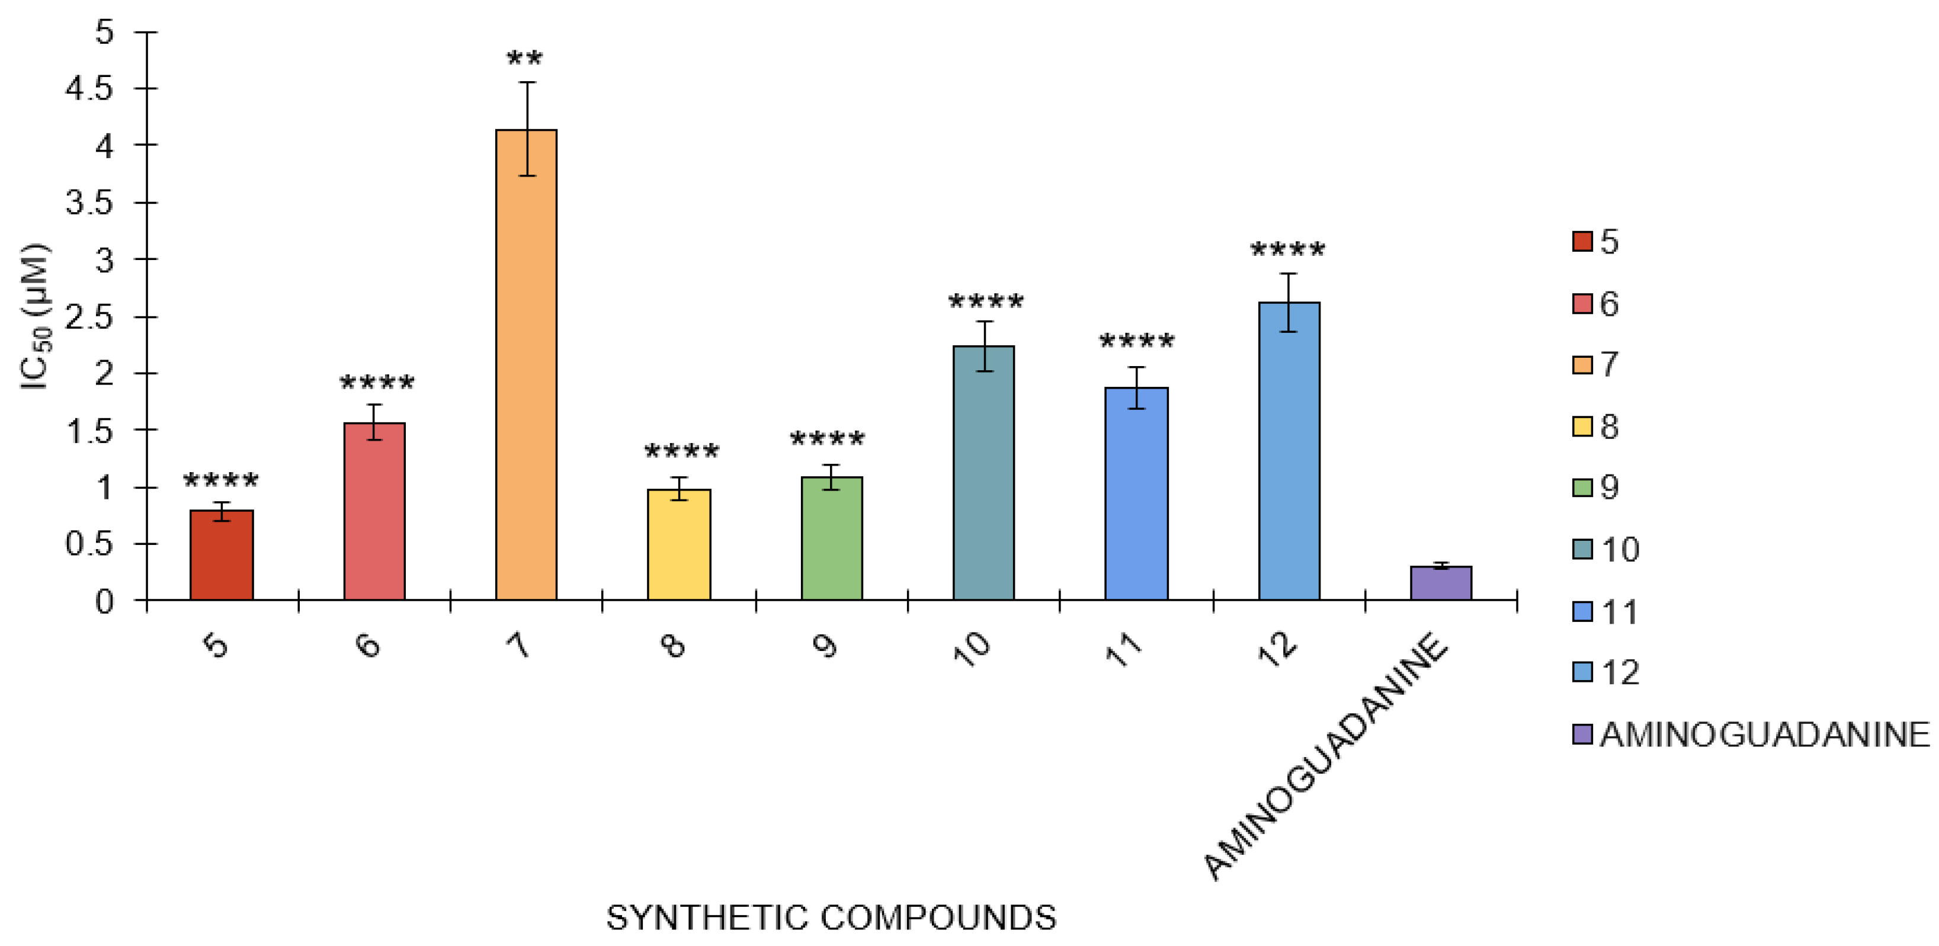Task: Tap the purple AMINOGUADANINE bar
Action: coord(1441,583)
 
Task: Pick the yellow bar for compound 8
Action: coord(679,545)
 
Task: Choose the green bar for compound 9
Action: coord(832,539)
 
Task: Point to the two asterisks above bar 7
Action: coord(525,59)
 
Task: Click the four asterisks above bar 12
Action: coord(1288,250)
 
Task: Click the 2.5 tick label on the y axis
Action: coord(89,317)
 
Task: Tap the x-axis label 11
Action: coord(1124,647)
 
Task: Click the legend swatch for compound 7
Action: coord(1582,365)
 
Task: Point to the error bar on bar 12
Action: coord(1289,302)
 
